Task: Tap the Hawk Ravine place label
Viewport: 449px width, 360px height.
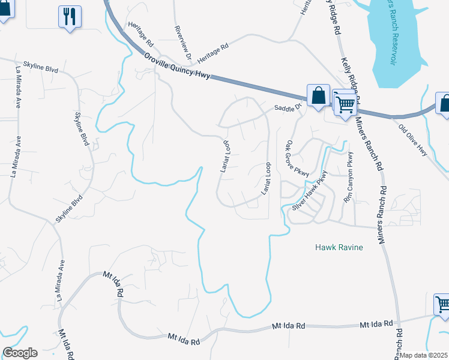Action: pos(339,247)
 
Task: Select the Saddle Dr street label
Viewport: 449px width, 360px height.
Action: pos(287,108)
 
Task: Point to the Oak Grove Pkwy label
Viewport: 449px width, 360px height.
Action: pos(297,158)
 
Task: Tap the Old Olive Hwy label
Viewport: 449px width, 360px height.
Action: pos(413,137)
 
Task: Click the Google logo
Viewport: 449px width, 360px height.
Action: pos(20,353)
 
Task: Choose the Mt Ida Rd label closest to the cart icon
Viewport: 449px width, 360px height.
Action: pos(376,325)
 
